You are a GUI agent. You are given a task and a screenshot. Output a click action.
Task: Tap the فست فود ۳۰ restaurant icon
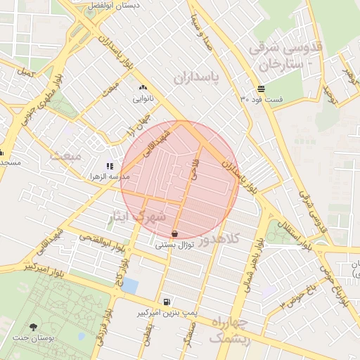click(x=262, y=89)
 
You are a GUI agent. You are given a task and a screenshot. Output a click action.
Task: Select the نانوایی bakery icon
click(x=143, y=88)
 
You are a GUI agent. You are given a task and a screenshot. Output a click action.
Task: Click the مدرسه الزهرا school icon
click(x=110, y=167)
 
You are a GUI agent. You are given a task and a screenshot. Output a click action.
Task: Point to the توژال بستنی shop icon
click(x=174, y=233)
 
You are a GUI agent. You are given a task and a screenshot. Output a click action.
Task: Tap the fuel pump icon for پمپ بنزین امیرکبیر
click(x=165, y=301)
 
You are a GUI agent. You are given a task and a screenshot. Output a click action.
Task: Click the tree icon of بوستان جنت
click(x=34, y=327)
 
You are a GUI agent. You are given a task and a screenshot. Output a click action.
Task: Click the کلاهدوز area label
click(x=219, y=240)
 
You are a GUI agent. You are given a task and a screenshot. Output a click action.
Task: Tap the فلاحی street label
click(x=193, y=169)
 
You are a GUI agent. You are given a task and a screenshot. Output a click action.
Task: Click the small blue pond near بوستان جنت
click(x=130, y=286)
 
